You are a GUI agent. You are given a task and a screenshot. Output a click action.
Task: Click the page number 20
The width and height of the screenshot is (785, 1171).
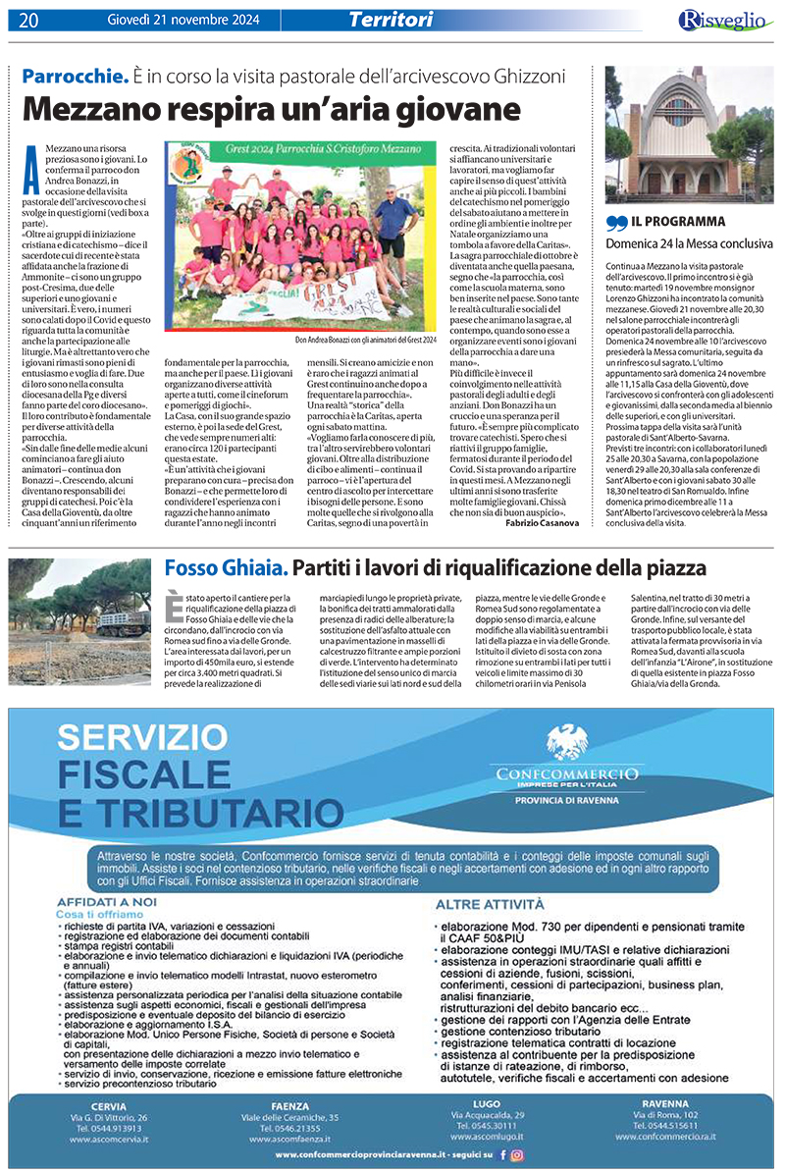point(27,20)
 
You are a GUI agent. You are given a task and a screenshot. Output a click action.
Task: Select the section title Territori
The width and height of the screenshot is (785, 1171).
point(391,19)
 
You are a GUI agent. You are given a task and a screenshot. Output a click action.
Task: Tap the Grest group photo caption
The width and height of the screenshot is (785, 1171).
point(366,341)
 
